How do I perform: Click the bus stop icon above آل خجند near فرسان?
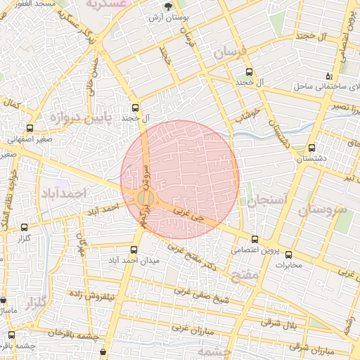[249, 72]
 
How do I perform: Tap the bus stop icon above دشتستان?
[311, 148]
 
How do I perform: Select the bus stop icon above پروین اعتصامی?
[255, 239]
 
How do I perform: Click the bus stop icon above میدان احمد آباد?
[134, 250]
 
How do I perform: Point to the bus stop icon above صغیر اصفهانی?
[30, 128]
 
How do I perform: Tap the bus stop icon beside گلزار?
[25, 227]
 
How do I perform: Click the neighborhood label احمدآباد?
[63, 192]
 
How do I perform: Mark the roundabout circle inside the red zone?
[146, 199]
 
